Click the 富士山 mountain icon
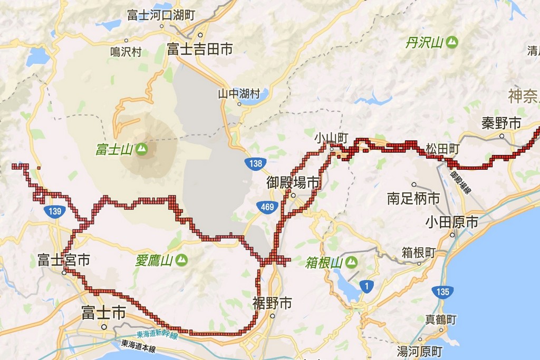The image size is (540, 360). click(141, 149)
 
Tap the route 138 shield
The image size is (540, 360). click(256, 163)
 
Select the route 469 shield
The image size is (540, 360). click(267, 207)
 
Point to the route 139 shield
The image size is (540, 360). click(54, 211)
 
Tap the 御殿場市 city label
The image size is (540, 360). click(294, 183)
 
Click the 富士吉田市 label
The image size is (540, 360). click(200, 50)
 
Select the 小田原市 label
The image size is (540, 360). click(452, 222)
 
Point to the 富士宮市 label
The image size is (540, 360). click(63, 260)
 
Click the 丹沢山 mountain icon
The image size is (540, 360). click(451, 43)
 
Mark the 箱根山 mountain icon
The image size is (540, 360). click(351, 262)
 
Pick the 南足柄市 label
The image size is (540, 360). click(413, 199)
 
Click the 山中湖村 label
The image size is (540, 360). click(239, 94)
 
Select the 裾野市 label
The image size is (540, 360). click(272, 303)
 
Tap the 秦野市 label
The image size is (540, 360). click(501, 123)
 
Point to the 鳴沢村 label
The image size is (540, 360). click(126, 52)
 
